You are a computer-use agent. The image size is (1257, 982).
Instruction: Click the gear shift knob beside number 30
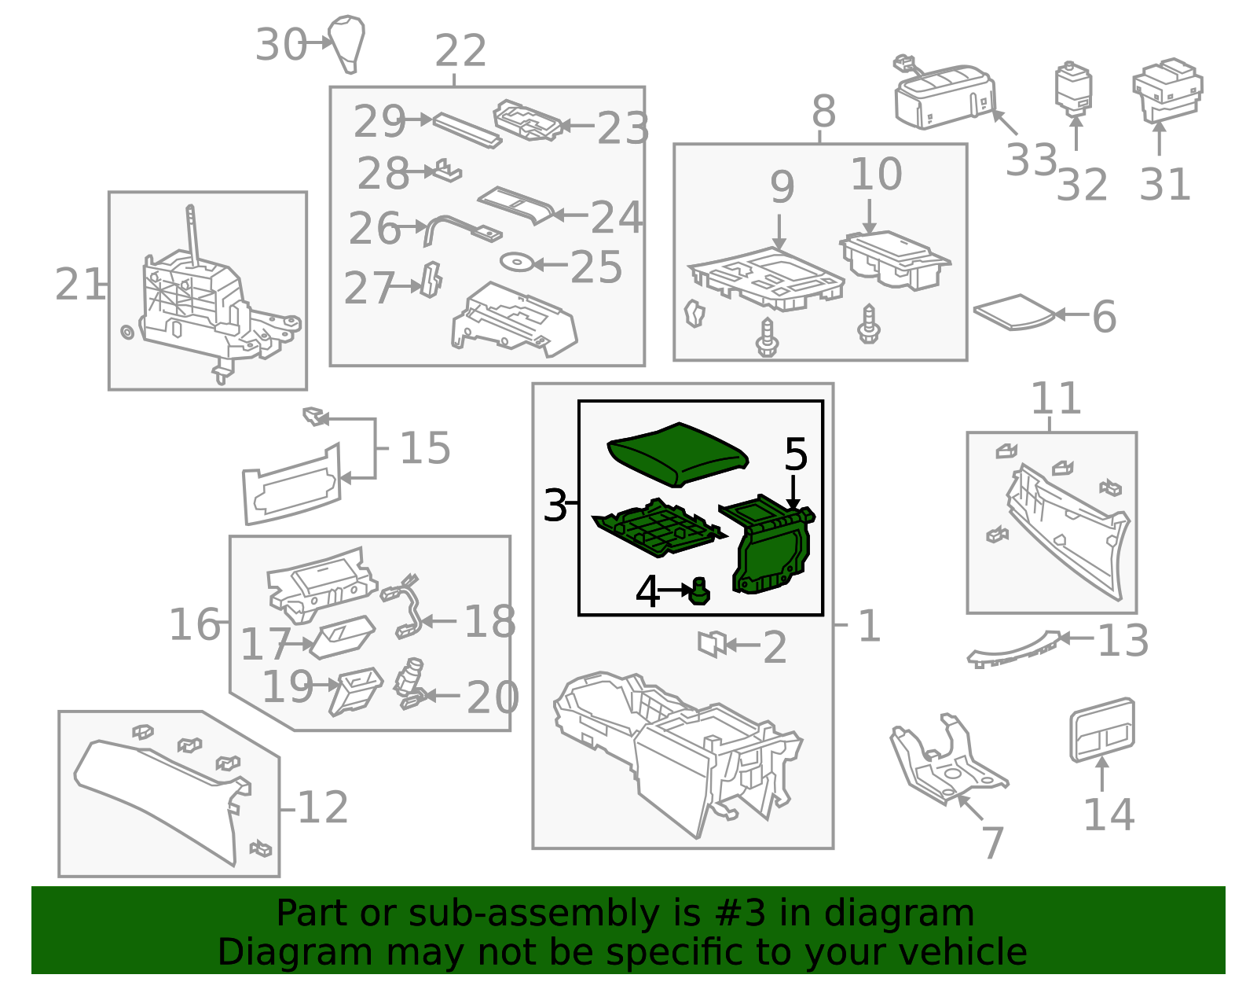click(346, 44)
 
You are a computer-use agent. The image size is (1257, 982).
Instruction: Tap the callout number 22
click(460, 51)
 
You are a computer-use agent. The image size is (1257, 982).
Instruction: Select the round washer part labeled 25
click(517, 262)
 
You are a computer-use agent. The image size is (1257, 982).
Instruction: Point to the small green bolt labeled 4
click(700, 590)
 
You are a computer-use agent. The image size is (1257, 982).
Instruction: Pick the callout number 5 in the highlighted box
click(795, 454)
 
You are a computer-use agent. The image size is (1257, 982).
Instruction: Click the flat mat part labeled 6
click(1014, 312)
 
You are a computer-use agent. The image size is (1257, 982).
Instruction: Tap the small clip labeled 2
click(712, 643)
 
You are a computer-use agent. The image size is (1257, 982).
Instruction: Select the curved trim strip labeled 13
click(1013, 649)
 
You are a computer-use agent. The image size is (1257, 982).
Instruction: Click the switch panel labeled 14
click(1102, 730)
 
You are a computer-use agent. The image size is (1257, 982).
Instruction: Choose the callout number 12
click(323, 807)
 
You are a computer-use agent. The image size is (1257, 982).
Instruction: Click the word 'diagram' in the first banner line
click(899, 914)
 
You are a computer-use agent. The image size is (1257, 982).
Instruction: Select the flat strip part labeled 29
click(467, 131)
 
